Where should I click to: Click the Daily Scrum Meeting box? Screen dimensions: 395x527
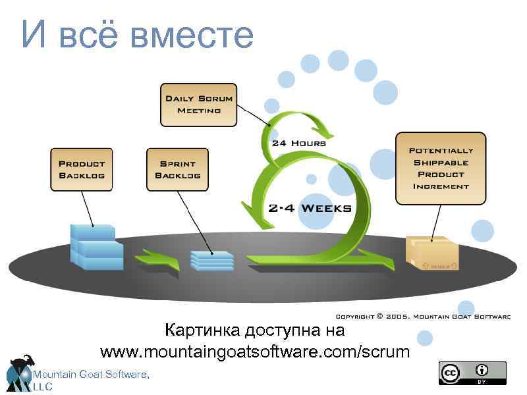[198, 105]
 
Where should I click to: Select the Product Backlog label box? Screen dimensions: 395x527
[82, 170]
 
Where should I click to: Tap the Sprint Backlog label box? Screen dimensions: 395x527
[177, 170]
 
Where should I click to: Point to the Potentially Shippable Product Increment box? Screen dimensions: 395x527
[441, 168]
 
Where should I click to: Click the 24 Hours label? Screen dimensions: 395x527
[298, 143]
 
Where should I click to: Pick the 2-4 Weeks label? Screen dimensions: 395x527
[310, 208]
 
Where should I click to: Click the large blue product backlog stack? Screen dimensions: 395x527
[96, 247]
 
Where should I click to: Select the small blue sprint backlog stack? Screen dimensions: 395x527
[212, 259]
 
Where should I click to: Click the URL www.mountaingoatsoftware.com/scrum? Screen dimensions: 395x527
[254, 352]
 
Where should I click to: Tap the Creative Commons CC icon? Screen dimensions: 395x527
[451, 373]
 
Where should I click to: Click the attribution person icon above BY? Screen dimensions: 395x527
[483, 369]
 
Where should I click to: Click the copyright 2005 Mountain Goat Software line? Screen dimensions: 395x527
[422, 317]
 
